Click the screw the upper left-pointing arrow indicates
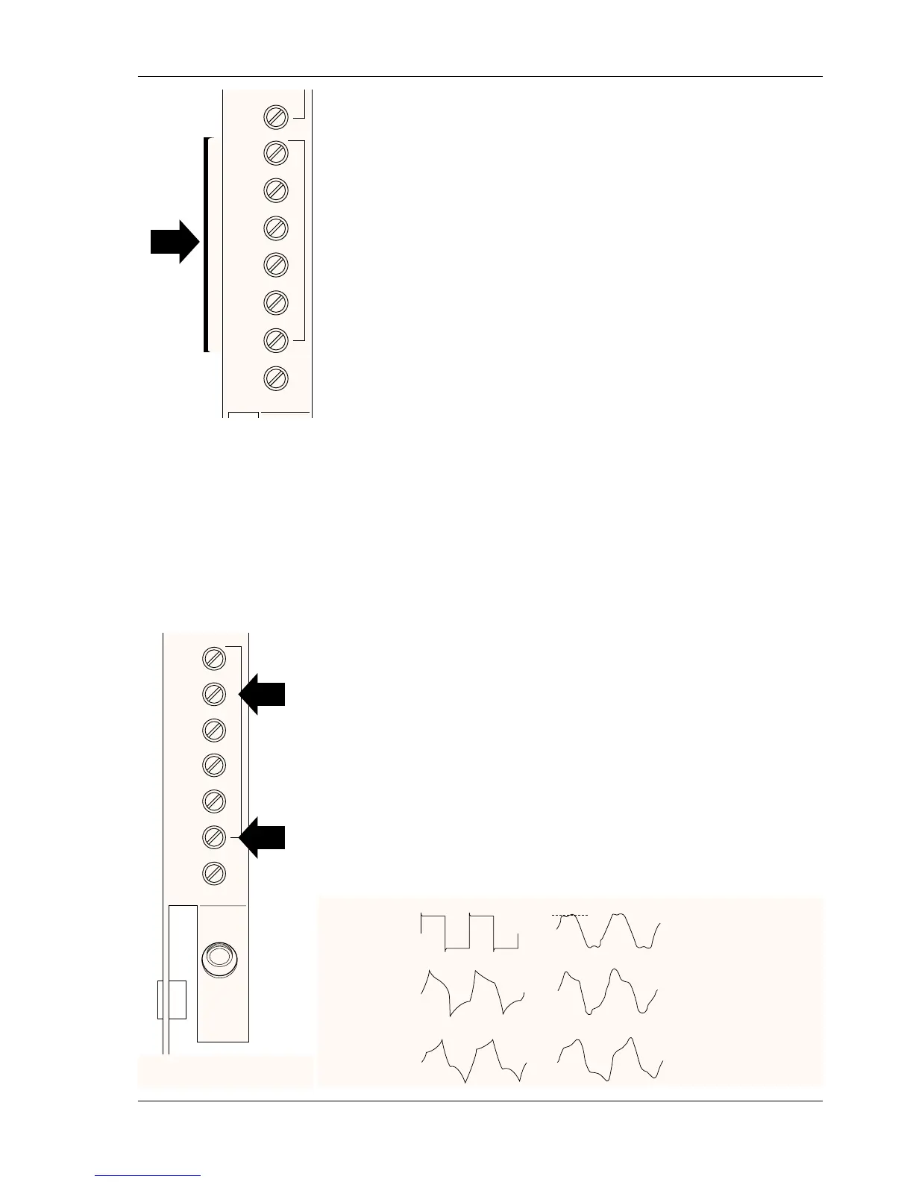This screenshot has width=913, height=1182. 214,694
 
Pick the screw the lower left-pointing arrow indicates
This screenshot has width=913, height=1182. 214,837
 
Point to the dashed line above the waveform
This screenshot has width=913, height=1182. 570,915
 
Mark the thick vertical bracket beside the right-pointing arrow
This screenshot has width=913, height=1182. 206,244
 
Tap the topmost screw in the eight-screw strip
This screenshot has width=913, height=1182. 276,117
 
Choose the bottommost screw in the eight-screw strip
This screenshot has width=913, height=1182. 276,378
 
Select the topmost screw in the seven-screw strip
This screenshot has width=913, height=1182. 214,659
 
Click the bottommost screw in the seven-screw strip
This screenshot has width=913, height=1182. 214,873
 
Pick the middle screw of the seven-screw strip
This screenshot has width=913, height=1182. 214,765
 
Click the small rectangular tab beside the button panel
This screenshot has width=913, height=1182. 171,1000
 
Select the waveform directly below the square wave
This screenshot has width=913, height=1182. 472,992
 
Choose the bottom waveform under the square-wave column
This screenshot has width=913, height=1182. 472,1058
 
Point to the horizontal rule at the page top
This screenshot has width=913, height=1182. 480,76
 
